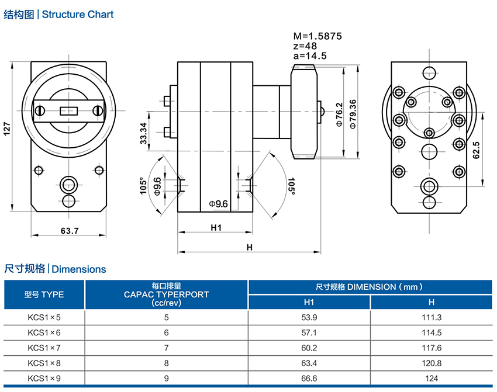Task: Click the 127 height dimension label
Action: [x=8, y=129]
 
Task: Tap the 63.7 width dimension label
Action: [x=69, y=231]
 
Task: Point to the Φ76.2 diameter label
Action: [x=340, y=115]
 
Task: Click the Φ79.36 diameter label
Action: [x=352, y=115]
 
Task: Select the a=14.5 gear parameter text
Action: [x=309, y=55]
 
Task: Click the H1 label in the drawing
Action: [x=216, y=228]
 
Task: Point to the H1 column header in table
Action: [x=309, y=302]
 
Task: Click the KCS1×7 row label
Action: [x=44, y=347]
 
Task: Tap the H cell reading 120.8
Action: [x=432, y=362]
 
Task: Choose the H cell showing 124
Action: [x=432, y=377]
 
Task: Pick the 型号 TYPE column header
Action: [x=44, y=294]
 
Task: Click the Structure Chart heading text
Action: [x=78, y=14]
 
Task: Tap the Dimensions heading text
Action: [x=79, y=269]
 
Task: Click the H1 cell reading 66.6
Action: [x=309, y=377]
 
